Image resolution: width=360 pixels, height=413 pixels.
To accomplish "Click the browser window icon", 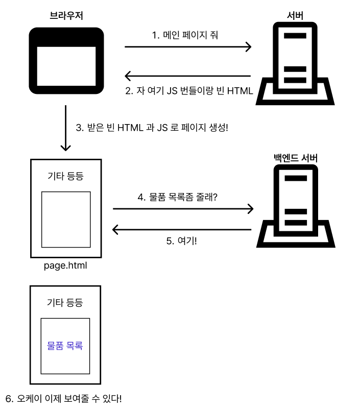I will pyautogui.click(x=66, y=61).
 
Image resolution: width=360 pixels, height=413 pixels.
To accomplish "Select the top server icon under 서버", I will pyautogui.click(x=295, y=64).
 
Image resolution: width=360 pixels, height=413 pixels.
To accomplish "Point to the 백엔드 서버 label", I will pyautogui.click(x=296, y=158).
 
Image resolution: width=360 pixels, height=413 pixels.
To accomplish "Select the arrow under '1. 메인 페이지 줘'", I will pyautogui.click(x=188, y=47).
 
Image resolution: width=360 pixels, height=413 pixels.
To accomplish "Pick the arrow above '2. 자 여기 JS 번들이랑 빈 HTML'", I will pyautogui.click(x=188, y=77).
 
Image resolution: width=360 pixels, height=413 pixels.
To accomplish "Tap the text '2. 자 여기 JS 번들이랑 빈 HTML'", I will pyautogui.click(x=189, y=91).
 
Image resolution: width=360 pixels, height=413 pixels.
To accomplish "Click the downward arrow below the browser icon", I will pyautogui.click(x=65, y=128).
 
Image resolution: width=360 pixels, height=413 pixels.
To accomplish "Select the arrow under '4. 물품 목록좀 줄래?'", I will pyautogui.click(x=183, y=208).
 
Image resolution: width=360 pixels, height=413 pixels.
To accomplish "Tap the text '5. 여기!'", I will pyautogui.click(x=182, y=241).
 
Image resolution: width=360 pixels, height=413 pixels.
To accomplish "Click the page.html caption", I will pyautogui.click(x=66, y=265).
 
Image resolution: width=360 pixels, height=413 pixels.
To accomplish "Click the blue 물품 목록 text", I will pyautogui.click(x=65, y=346).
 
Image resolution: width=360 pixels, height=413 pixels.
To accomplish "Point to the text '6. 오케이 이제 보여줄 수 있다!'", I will pyautogui.click(x=64, y=398).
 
